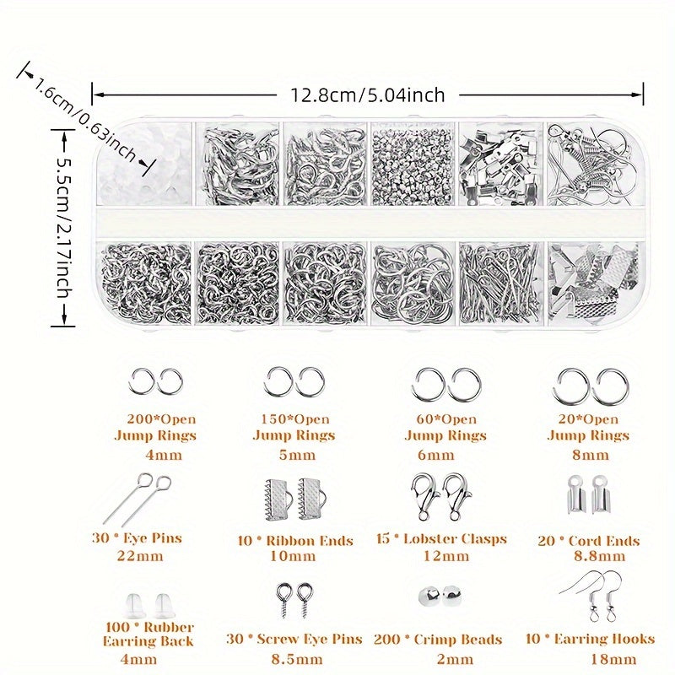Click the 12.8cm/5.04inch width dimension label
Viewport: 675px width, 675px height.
[x=368, y=94]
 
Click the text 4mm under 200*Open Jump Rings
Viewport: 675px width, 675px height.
[x=164, y=455]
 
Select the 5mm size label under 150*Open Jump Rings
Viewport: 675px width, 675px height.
[x=297, y=455]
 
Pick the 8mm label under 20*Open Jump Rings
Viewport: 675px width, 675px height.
[x=591, y=455]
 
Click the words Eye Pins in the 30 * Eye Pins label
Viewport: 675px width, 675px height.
[x=153, y=538]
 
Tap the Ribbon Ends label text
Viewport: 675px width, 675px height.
[x=310, y=541]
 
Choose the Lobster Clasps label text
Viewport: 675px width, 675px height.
[x=455, y=539]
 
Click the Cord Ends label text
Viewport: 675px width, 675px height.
[x=604, y=541]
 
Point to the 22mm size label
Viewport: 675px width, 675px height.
[x=140, y=556]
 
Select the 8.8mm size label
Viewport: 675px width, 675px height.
[x=599, y=556]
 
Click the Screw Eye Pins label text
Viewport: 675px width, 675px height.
[x=310, y=640]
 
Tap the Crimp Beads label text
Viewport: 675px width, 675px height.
[x=458, y=640]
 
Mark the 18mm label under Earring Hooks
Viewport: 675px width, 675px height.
[x=613, y=659]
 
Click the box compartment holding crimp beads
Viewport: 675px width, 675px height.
[x=413, y=164]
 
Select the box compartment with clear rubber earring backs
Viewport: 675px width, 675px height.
[x=144, y=164]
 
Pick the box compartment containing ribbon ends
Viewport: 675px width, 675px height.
[x=593, y=283]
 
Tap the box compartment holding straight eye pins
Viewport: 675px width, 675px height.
[x=500, y=283]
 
